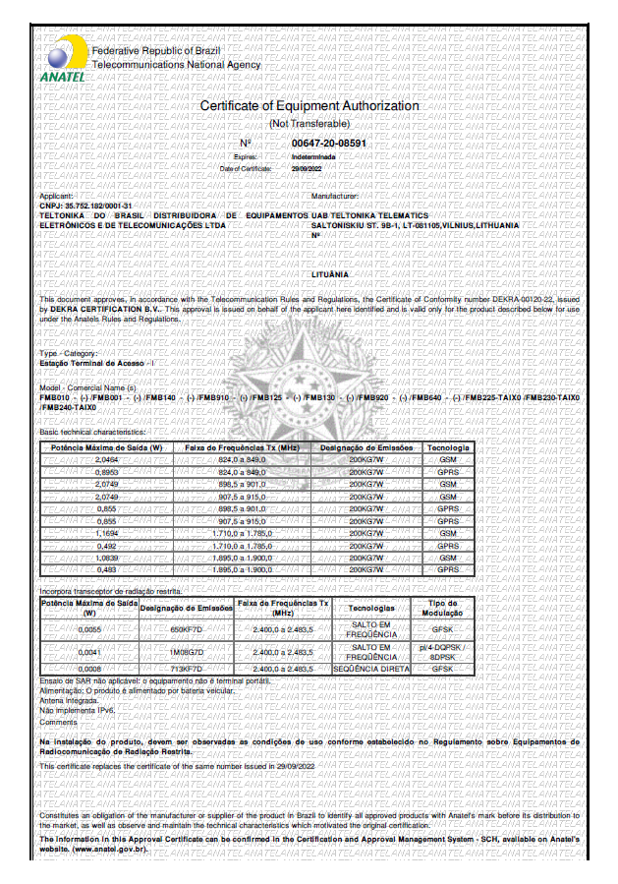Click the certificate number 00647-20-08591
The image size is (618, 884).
coord(329,144)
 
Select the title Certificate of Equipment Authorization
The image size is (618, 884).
coord(309,106)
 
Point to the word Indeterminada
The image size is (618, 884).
coord(313,156)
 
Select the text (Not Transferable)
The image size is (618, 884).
coord(309,124)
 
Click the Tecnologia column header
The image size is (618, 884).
coord(448,448)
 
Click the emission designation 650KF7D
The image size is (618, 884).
coord(186,628)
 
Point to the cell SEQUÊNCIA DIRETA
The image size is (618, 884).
coord(371,669)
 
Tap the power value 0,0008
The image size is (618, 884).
coord(89,669)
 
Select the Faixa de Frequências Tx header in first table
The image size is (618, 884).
coord(230,448)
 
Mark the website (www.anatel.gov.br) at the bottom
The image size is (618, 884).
coord(94,850)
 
